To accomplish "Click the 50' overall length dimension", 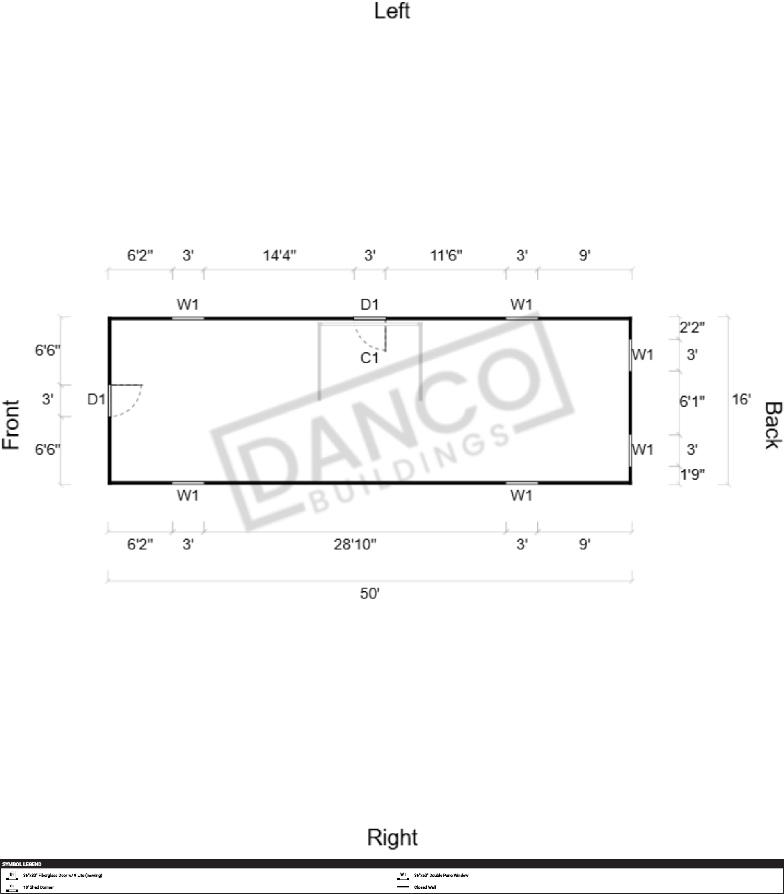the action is click(370, 593).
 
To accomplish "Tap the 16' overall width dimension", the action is click(741, 399).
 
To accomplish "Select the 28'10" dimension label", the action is click(355, 545).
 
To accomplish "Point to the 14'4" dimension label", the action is click(279, 255).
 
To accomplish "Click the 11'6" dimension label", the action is click(446, 255).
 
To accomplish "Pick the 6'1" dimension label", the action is click(692, 402).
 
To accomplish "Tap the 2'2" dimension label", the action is click(692, 327).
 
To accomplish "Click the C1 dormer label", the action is click(369, 358).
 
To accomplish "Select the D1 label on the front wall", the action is click(96, 399).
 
